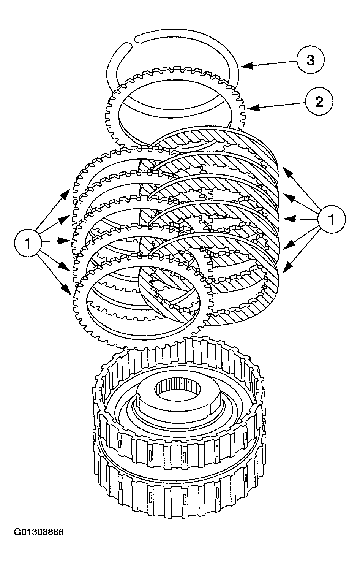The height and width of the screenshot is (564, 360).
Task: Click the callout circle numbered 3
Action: point(311,60)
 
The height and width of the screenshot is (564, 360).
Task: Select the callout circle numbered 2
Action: point(319,101)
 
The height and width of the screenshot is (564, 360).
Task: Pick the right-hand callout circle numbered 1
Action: point(332,220)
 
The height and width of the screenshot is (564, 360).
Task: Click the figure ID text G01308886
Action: point(39,532)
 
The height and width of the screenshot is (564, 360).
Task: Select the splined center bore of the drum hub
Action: point(178,391)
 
